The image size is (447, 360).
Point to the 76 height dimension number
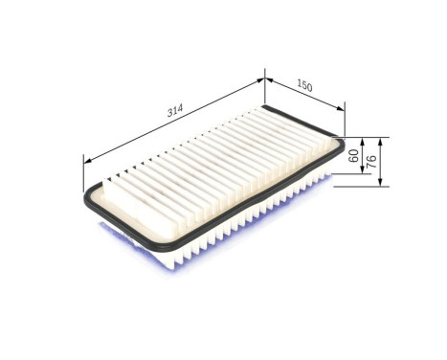click(371, 160)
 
